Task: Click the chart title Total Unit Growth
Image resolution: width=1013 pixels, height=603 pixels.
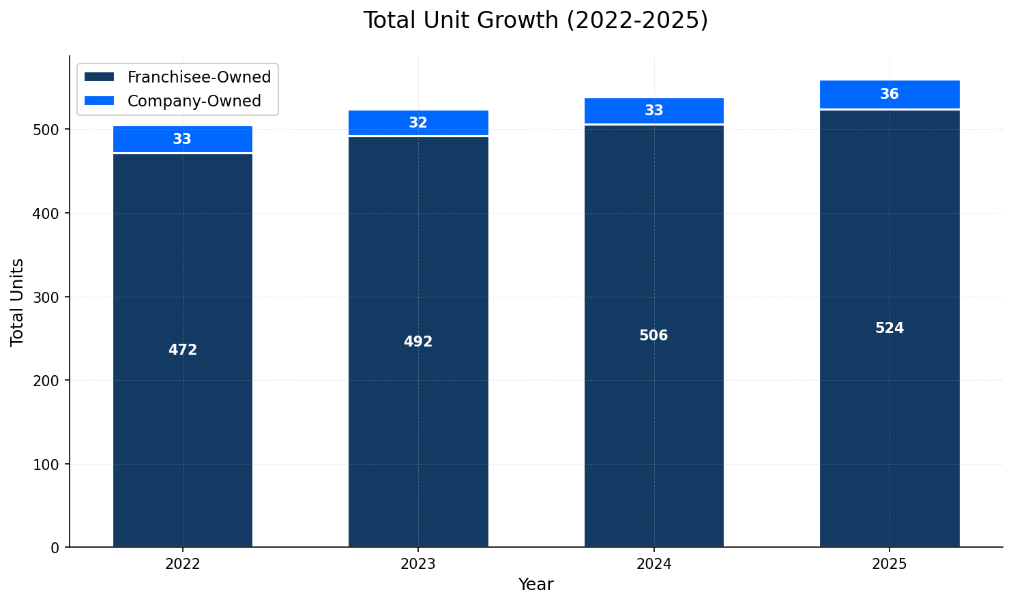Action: click(535, 20)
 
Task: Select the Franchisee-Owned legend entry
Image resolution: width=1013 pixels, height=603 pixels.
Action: click(199, 78)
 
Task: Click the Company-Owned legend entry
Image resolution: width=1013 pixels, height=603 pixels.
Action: click(194, 102)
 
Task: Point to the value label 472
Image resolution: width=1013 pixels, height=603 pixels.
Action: click(183, 351)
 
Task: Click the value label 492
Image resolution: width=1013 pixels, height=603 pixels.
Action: click(418, 342)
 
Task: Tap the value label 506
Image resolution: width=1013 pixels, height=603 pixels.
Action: click(654, 336)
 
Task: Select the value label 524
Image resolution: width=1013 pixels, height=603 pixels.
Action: click(890, 329)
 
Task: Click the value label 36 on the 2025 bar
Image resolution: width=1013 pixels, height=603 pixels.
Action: click(890, 95)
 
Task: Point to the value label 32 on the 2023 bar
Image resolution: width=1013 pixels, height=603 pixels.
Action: click(418, 123)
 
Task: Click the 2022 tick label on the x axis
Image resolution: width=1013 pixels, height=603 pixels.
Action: click(183, 565)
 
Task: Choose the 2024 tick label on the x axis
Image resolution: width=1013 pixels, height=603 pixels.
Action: click(654, 565)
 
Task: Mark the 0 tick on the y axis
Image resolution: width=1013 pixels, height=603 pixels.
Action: click(55, 548)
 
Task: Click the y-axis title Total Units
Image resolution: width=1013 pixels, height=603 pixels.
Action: click(18, 302)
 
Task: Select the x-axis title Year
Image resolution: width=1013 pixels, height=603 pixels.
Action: click(535, 585)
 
